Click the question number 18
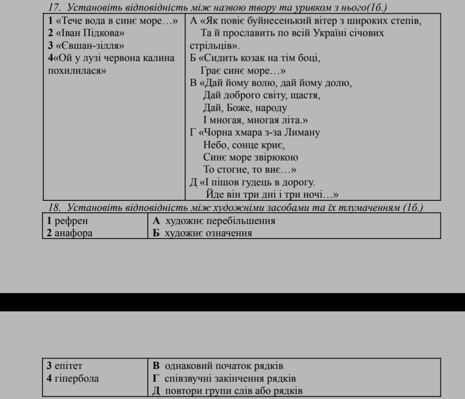tap(54, 208)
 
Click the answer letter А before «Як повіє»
tap(193, 21)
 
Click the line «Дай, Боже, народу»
tap(245, 108)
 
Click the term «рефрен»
tap(71, 221)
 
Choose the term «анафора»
tap(73, 233)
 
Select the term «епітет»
tap(68, 365)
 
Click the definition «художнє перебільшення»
tap(220, 221)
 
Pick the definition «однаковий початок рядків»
tap(224, 365)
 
